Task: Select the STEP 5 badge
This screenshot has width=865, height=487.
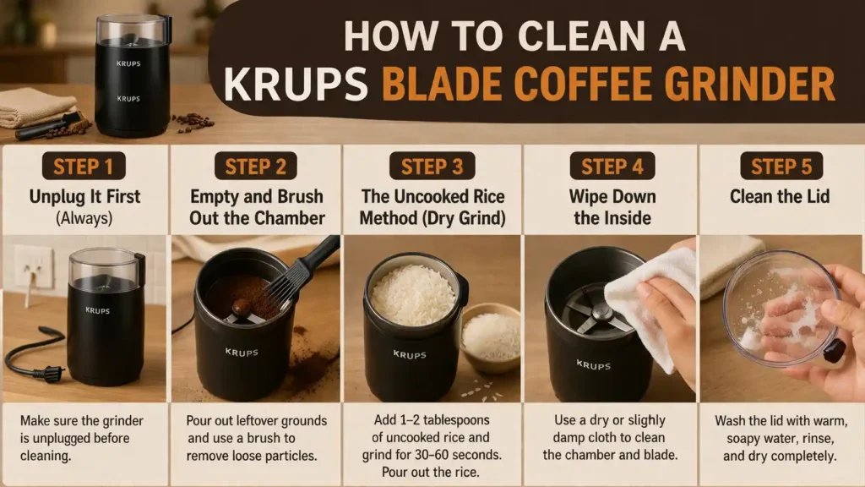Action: point(781,166)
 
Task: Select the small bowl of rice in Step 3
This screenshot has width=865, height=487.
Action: point(491,335)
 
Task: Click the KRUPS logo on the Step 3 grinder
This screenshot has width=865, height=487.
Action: point(410,355)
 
